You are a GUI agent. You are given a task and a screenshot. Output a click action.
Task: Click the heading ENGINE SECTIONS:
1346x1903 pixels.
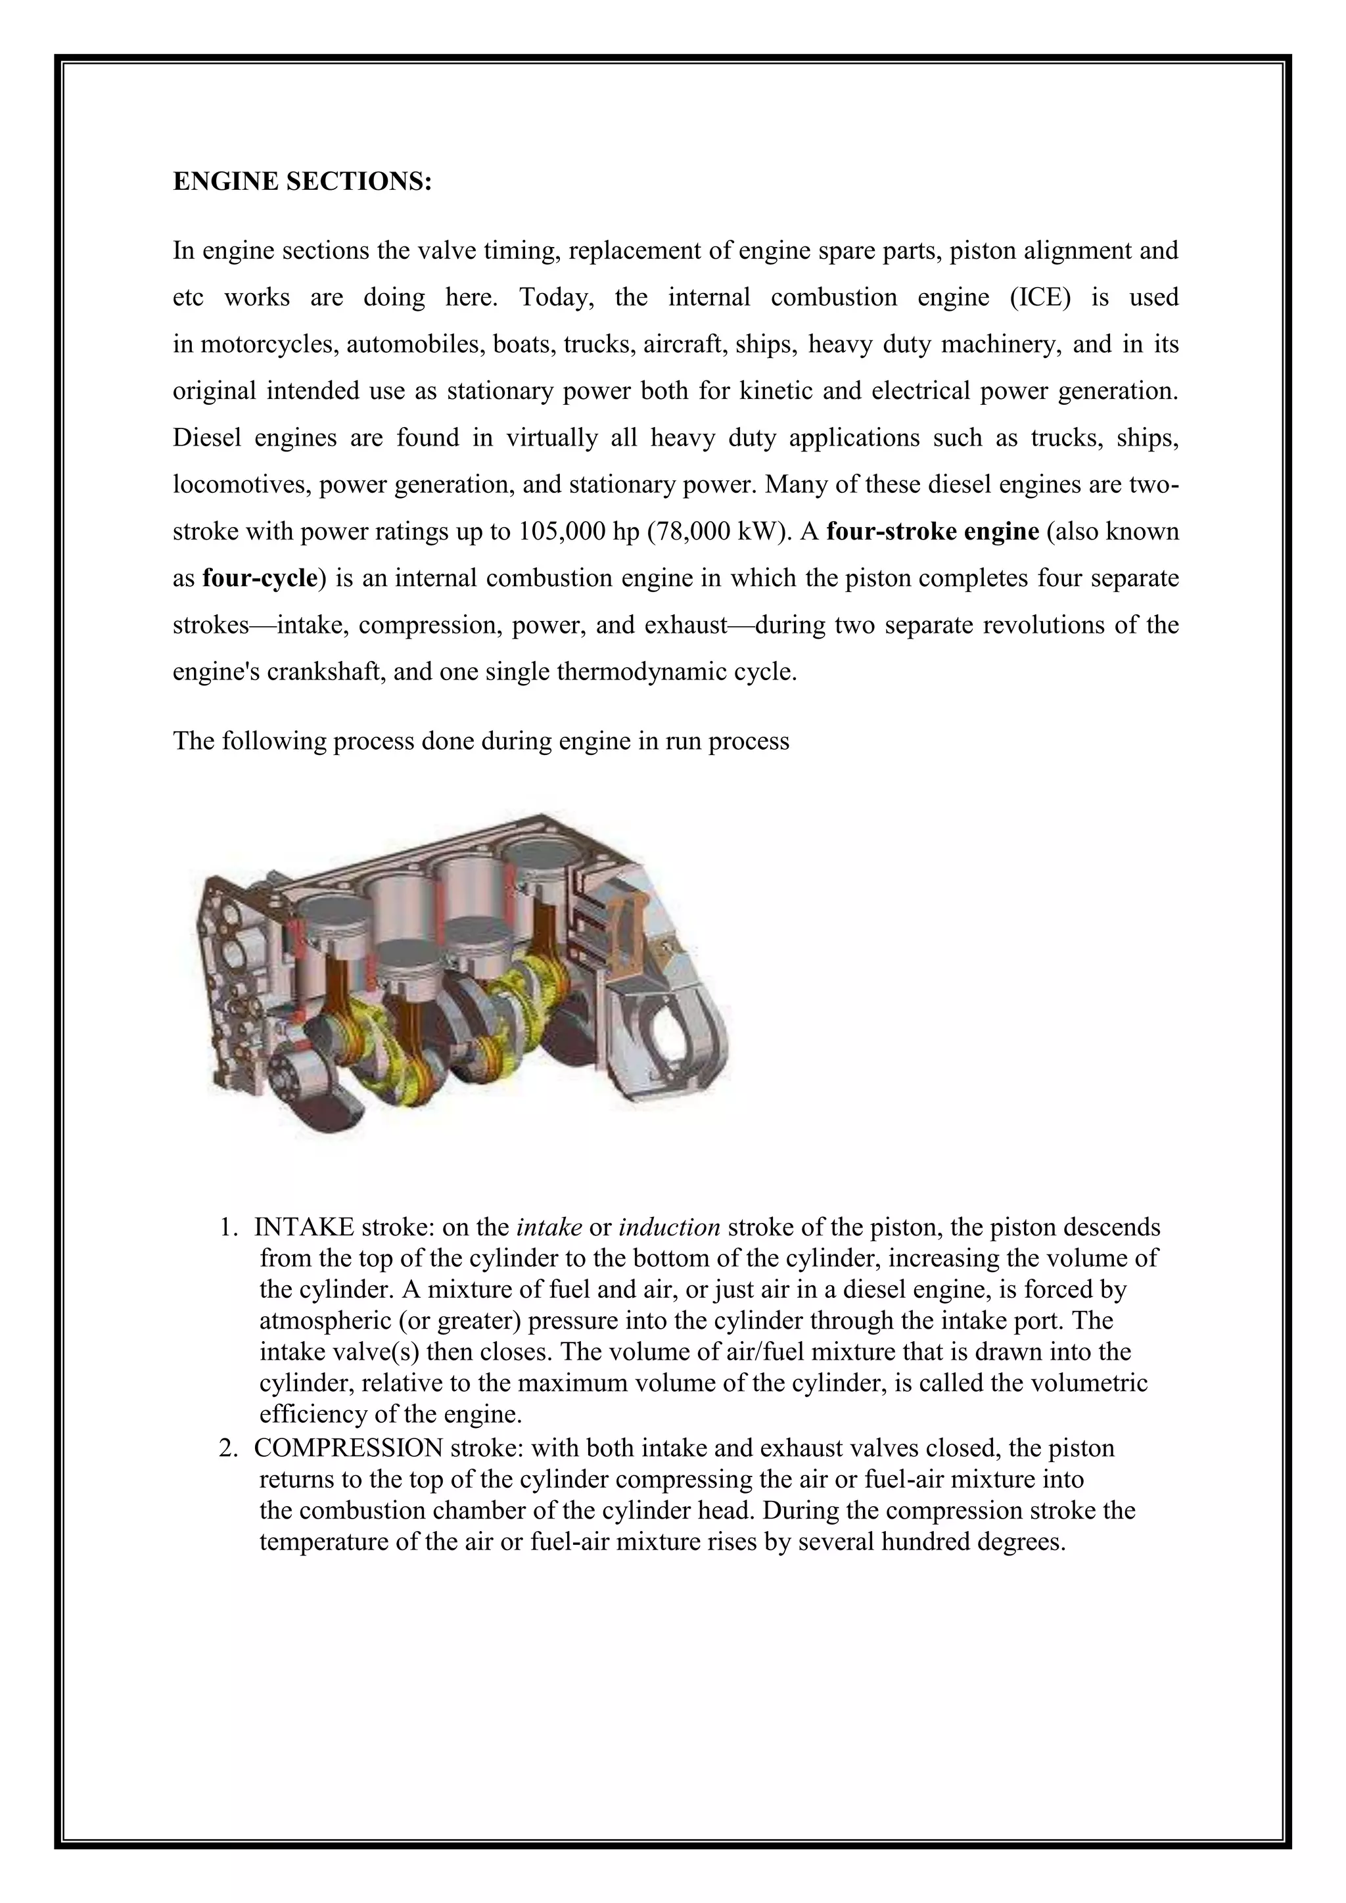pos(302,181)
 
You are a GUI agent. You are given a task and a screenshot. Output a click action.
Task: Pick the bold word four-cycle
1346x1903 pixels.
pos(260,578)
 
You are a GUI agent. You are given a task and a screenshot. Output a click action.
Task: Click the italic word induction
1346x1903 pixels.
pos(669,1227)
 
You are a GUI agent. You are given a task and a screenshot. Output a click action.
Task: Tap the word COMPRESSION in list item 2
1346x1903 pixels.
pos(349,1448)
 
